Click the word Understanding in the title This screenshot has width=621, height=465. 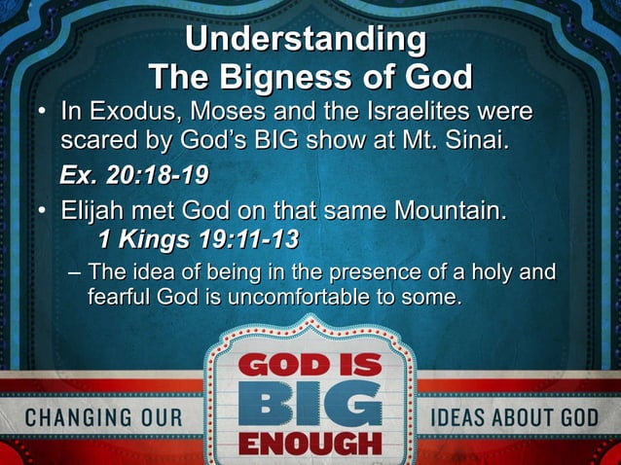point(305,41)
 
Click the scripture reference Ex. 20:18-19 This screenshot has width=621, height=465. point(133,176)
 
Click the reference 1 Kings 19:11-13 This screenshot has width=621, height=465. point(198,238)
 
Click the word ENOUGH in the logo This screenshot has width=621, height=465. point(310,444)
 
